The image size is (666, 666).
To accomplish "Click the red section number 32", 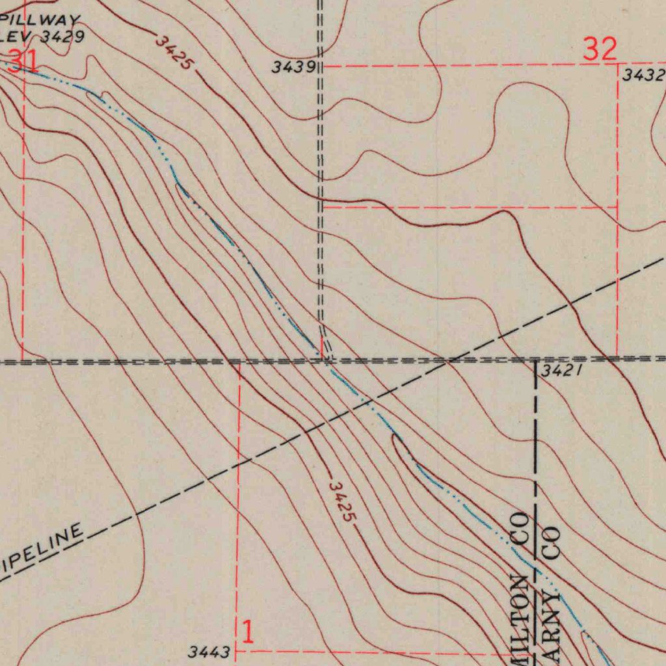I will click(600, 50).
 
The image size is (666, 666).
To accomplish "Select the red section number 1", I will click(247, 631).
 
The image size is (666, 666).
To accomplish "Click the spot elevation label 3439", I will click(294, 66).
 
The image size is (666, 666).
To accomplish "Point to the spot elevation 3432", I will click(643, 75).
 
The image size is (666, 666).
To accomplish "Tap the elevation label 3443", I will click(209, 651).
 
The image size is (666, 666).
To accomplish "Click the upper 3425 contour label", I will click(174, 53).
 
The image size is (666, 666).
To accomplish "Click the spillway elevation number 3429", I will click(62, 36).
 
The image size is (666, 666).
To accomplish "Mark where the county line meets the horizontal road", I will click(535, 359).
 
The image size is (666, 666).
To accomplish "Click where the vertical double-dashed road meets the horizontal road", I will click(322, 359).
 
